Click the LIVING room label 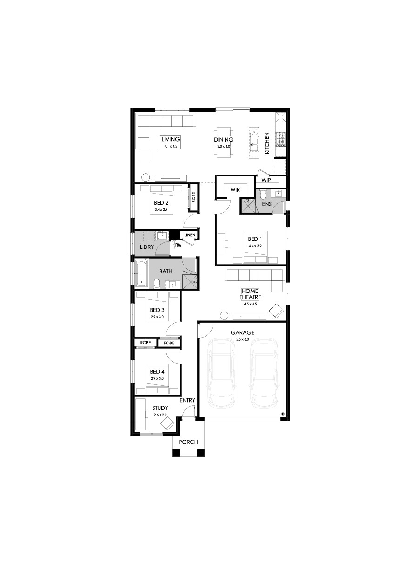click(x=170, y=139)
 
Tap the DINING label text click(x=223, y=140)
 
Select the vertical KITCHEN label click(x=267, y=143)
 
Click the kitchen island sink click(x=254, y=143)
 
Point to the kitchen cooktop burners click(x=281, y=139)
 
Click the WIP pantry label click(x=266, y=180)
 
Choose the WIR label click(x=235, y=190)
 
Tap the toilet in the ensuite click(x=263, y=195)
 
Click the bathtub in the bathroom click(x=142, y=273)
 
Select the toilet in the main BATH click(x=157, y=284)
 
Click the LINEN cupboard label click(x=189, y=235)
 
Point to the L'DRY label click(x=147, y=247)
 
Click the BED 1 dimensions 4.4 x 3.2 click(x=255, y=246)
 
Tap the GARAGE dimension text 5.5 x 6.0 click(x=242, y=339)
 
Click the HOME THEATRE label click(x=250, y=294)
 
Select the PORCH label click(x=188, y=442)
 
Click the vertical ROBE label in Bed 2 click(x=193, y=197)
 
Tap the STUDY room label click(x=160, y=408)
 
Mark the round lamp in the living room click(x=146, y=177)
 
